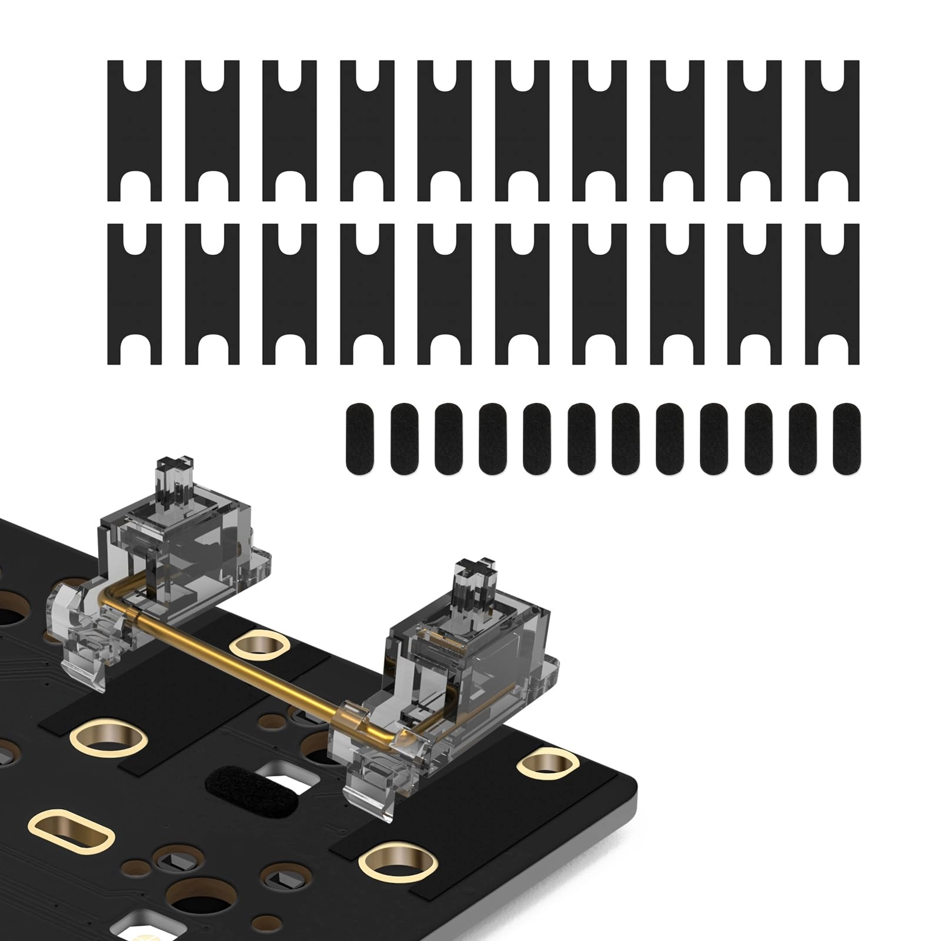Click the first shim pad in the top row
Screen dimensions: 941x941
tap(135, 131)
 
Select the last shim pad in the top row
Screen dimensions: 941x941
tap(832, 131)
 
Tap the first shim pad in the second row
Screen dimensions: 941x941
tap(135, 293)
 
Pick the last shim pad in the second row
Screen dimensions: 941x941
tap(832, 293)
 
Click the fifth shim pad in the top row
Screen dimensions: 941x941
tap(445, 131)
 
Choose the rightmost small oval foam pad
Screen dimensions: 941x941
tap(846, 439)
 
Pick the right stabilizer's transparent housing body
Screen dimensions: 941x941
tap(470, 659)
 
